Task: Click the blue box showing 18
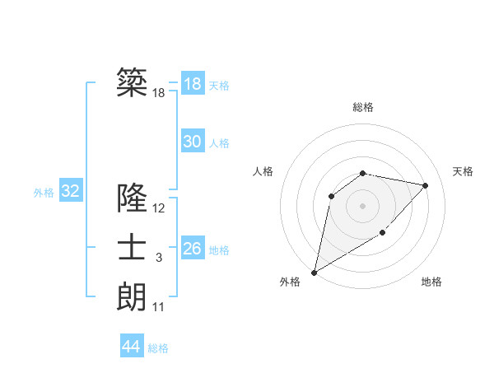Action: click(192, 84)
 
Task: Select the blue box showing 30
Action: click(192, 142)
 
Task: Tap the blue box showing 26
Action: click(192, 248)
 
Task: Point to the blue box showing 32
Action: click(70, 192)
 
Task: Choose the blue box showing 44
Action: click(131, 347)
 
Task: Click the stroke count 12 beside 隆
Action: click(159, 208)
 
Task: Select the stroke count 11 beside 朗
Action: click(159, 307)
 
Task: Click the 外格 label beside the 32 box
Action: click(44, 193)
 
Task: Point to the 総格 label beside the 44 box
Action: click(158, 348)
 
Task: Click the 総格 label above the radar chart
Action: click(362, 107)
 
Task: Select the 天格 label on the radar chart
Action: click(463, 171)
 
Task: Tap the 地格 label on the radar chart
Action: click(431, 282)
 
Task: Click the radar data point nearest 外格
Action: click(314, 272)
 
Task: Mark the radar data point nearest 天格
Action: click(426, 185)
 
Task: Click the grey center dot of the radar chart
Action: click(362, 205)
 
